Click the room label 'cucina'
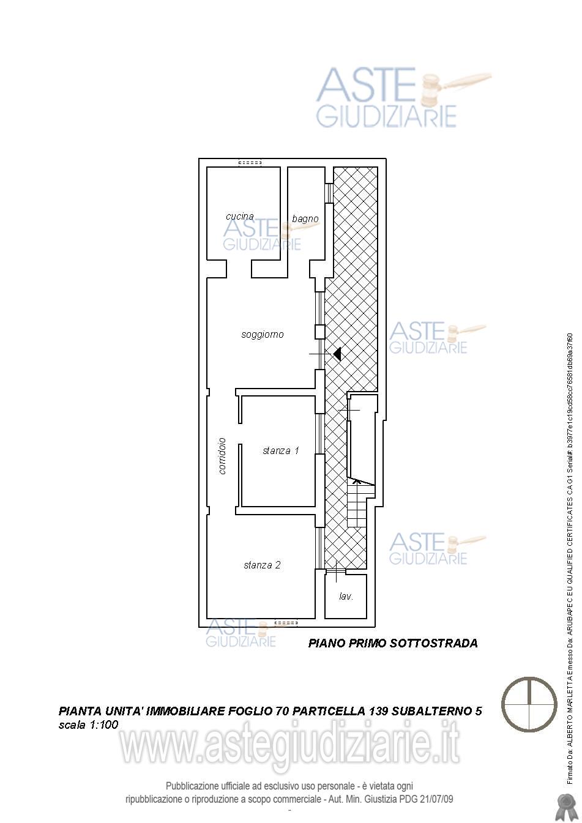(239, 217)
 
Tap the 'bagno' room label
(305, 219)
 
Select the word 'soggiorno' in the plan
(263, 335)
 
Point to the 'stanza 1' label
(281, 450)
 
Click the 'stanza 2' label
(262, 565)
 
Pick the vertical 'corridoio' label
(222, 456)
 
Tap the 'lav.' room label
(346, 597)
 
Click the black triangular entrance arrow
(337, 354)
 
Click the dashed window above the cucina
(250, 162)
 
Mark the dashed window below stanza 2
(286, 623)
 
